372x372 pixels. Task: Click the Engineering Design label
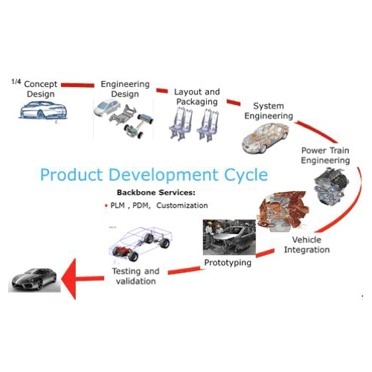pos(125,89)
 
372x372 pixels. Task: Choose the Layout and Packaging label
pos(196,97)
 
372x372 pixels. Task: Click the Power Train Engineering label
pos(325,155)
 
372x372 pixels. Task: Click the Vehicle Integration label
pos(307,245)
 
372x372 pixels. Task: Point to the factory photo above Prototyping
pos(231,237)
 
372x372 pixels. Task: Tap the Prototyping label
pos(227,263)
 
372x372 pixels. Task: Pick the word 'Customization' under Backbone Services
pos(182,205)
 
